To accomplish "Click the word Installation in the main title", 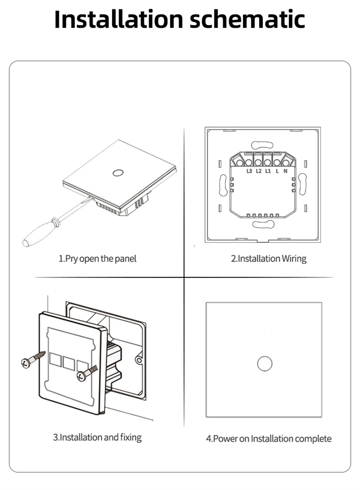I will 119,19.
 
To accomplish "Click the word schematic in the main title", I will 247,19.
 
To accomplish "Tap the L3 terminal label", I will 249,171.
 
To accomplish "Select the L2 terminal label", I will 258,171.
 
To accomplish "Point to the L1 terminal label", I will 268,171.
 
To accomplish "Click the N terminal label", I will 285,171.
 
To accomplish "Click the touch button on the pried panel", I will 117,173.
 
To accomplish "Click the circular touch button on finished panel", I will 265,364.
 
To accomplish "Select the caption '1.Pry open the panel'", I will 98,259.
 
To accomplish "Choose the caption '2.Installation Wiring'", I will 269,259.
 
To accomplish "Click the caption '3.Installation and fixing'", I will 98,437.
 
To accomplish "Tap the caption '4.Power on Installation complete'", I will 269,439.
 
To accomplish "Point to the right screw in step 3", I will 86,373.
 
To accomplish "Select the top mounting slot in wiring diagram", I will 263,145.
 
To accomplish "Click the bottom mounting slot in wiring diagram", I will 263,224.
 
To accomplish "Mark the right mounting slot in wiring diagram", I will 302,184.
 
